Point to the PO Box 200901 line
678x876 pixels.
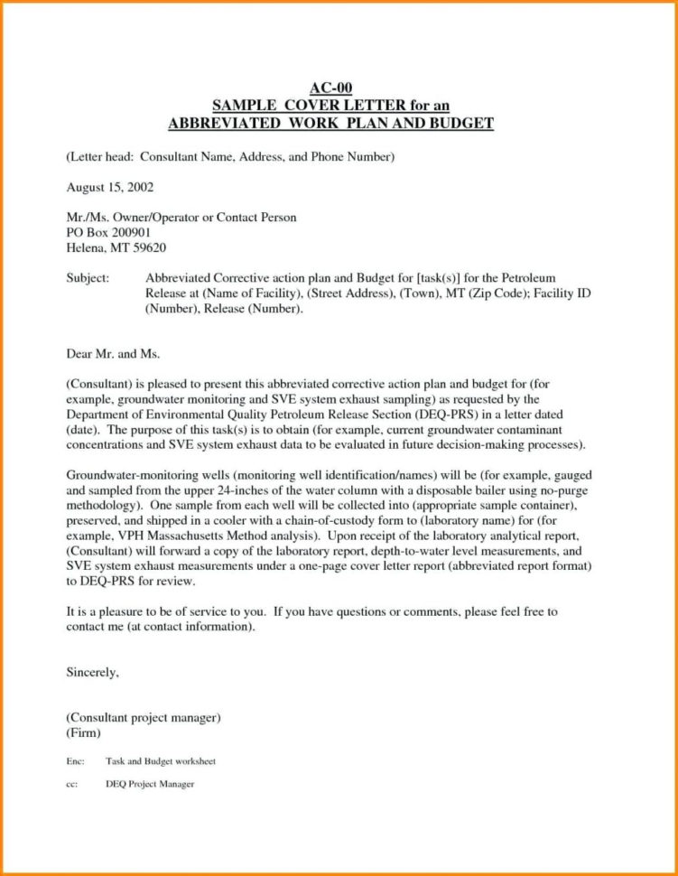coord(110,232)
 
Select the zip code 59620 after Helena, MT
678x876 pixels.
coord(150,247)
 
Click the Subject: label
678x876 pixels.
coord(88,279)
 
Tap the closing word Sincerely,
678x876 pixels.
coord(93,672)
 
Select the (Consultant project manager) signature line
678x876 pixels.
coord(144,718)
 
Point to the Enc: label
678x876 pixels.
coord(76,761)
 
